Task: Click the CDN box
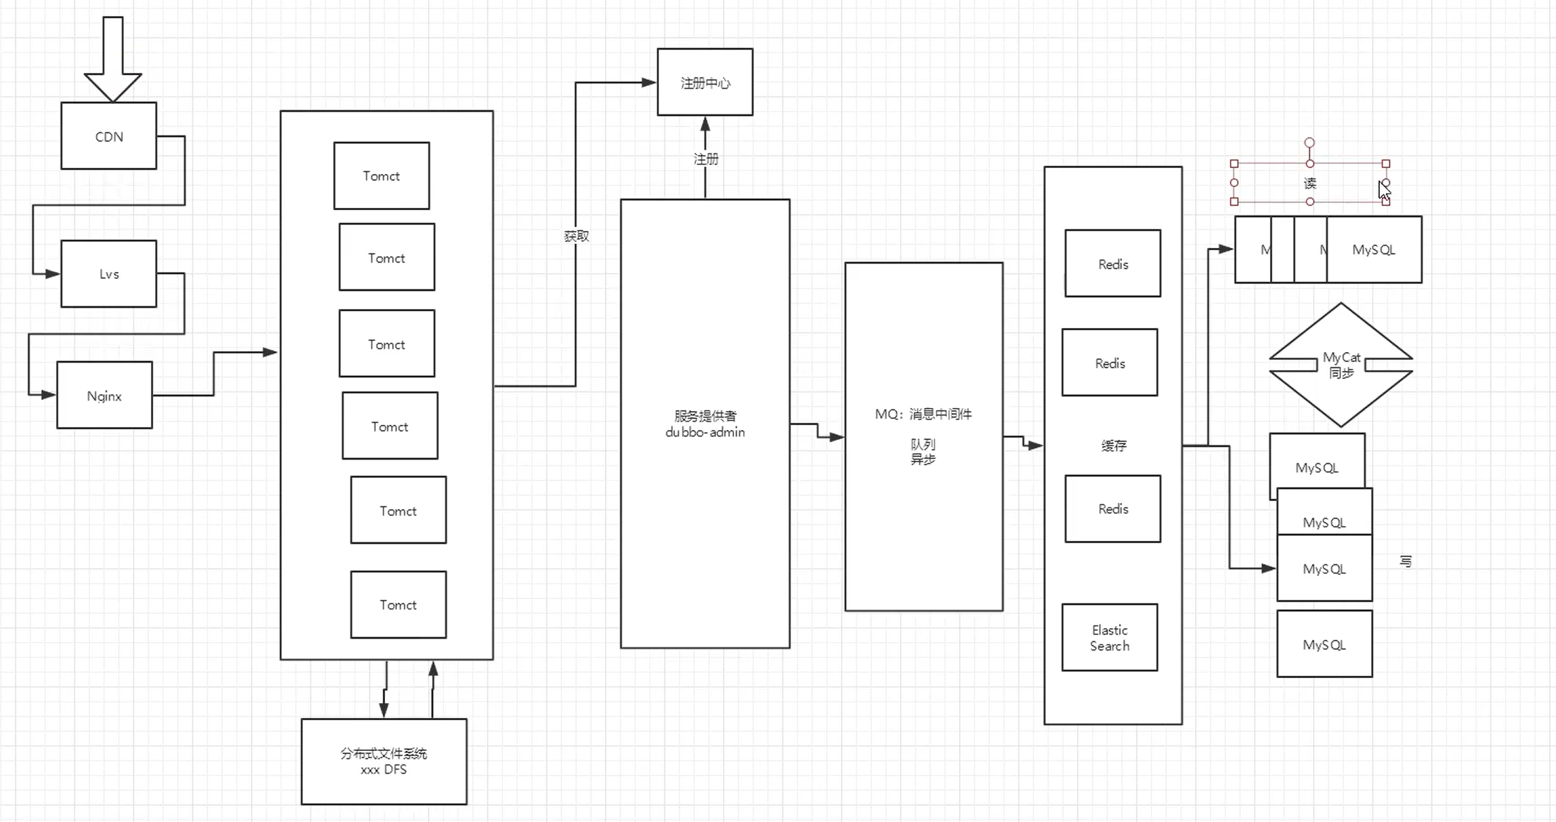point(109,136)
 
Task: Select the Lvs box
point(109,274)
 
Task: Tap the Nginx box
point(105,396)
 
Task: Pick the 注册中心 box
point(705,83)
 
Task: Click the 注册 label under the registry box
point(706,159)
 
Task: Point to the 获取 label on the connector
point(576,236)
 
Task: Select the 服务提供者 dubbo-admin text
point(705,424)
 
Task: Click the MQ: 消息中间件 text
point(923,415)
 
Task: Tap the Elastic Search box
point(1109,638)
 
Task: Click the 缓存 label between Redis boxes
point(1113,445)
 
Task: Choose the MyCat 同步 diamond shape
point(1340,365)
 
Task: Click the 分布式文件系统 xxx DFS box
point(384,762)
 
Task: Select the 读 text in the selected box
point(1310,183)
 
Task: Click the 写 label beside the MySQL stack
point(1406,561)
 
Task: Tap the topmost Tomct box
point(381,176)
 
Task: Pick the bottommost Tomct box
point(398,605)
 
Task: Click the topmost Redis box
point(1113,264)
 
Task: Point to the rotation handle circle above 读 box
point(1309,143)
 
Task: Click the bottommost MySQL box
point(1324,644)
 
